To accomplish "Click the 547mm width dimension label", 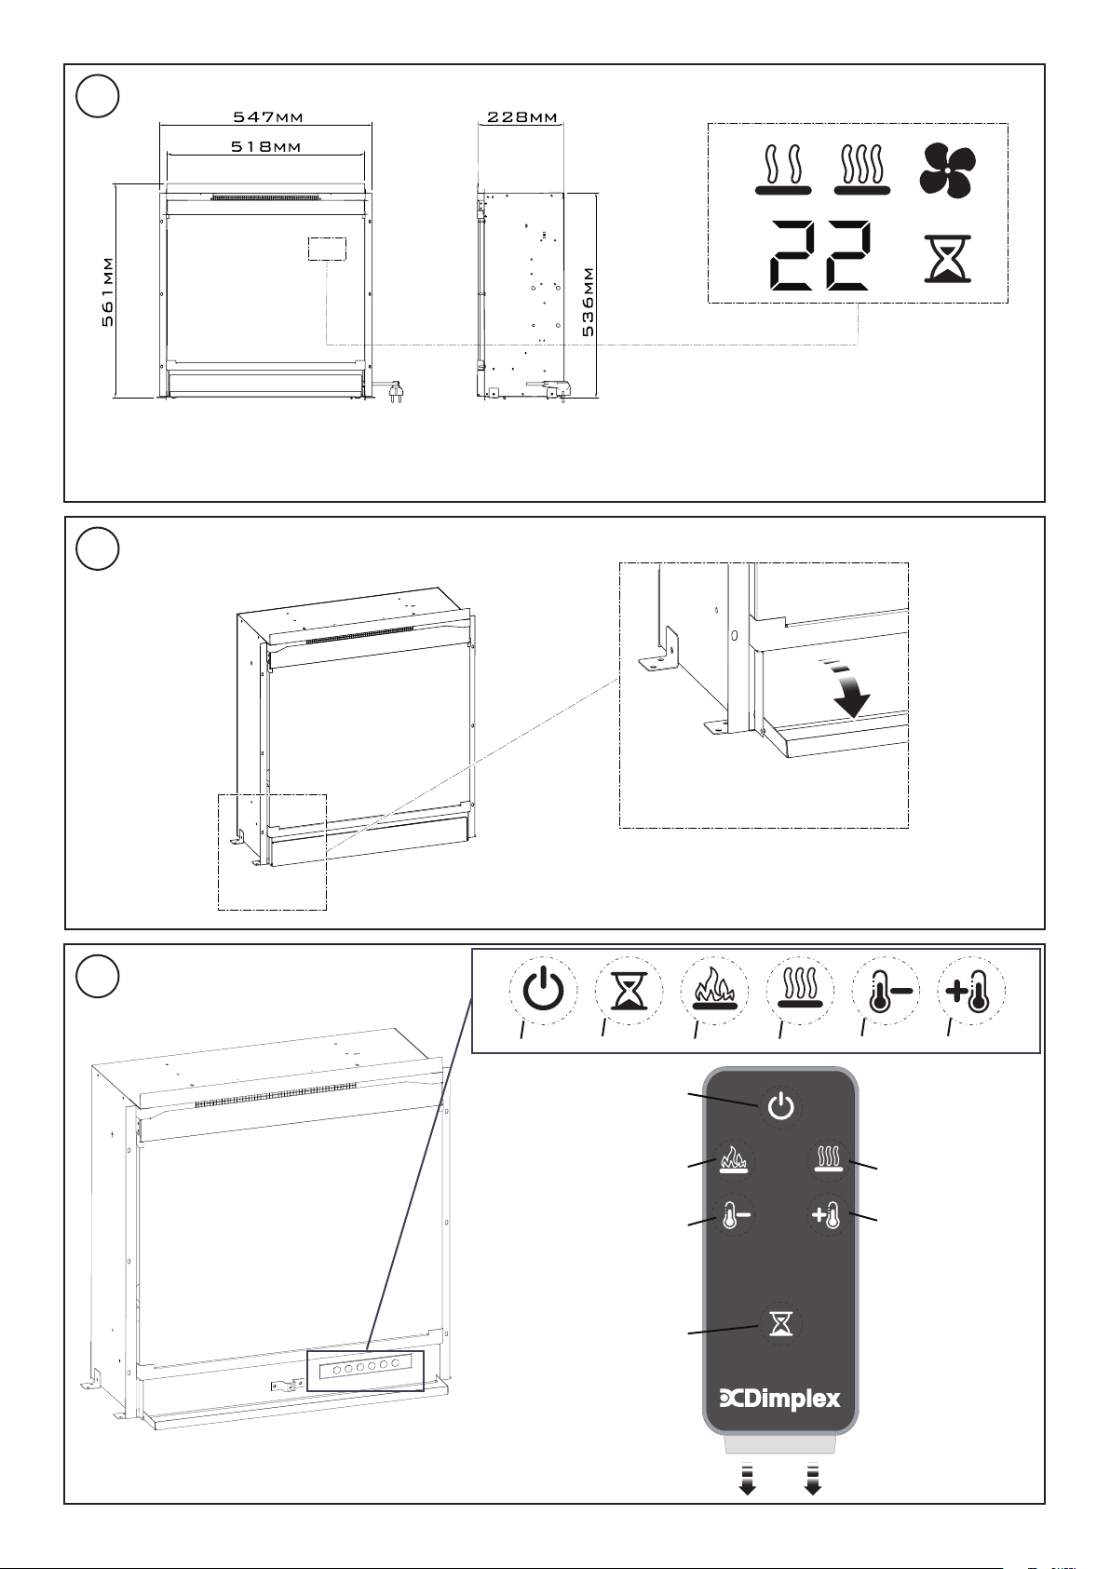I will (268, 117).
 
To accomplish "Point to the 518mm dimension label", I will (266, 146).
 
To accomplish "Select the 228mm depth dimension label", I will (522, 117).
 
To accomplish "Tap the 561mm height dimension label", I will (108, 291).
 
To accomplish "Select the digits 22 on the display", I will (819, 254).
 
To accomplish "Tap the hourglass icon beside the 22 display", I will (947, 259).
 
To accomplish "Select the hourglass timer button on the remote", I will (780, 1323).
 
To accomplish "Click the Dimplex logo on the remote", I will (780, 1398).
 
